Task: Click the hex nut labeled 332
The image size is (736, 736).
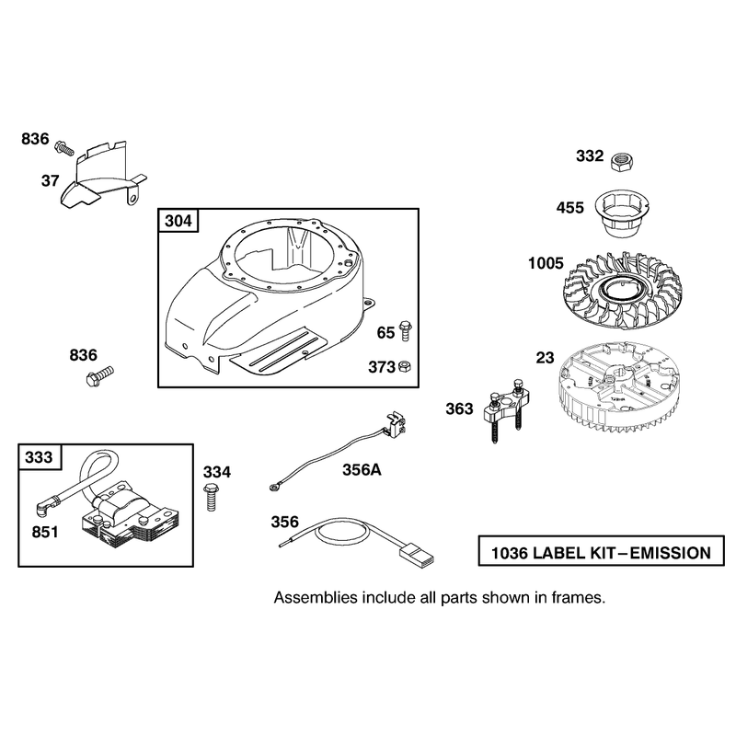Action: click(623, 163)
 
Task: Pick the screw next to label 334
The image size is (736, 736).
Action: click(212, 497)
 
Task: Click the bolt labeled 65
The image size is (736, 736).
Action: click(405, 330)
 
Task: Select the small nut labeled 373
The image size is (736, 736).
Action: click(404, 366)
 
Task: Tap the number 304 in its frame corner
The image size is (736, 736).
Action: click(178, 221)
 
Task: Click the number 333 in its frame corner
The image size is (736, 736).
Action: click(39, 456)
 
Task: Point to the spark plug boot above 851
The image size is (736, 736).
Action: click(44, 508)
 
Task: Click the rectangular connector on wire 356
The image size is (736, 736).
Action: click(416, 553)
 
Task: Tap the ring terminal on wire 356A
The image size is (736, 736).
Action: click(274, 488)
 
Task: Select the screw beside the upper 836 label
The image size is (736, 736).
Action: click(65, 147)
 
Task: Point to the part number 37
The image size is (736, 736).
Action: click(51, 180)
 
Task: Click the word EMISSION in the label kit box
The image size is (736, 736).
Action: click(671, 554)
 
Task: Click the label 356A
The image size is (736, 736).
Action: click(362, 469)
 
